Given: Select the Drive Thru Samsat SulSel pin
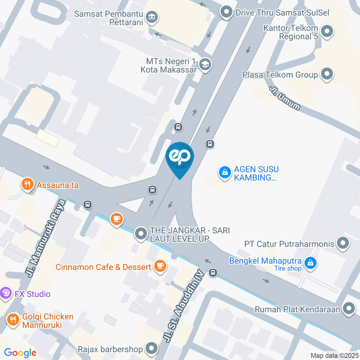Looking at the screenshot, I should click(226, 12).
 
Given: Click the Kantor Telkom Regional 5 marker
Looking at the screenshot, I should click(327, 31).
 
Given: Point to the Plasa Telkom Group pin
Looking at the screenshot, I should click(327, 74).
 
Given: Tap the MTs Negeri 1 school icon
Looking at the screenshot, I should click(205, 64).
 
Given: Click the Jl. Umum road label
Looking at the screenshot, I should click(285, 98).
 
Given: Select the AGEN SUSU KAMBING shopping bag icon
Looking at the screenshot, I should click(225, 173).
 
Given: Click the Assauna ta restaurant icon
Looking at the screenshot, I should click(27, 184).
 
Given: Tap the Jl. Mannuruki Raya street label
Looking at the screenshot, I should click(44, 238).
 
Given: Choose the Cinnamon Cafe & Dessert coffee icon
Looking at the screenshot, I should click(160, 266).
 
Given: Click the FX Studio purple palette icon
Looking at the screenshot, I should click(6, 293).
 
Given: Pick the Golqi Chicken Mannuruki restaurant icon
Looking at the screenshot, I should click(13, 320).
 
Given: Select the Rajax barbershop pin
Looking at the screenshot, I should click(152, 349).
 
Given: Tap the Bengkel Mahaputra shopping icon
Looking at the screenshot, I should click(310, 263).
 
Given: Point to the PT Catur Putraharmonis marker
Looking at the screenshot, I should click(343, 243).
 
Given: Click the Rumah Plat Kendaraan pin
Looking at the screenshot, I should click(349, 309).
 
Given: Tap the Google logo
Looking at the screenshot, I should click(20, 352).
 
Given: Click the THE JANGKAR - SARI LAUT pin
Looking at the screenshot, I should click(141, 234).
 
